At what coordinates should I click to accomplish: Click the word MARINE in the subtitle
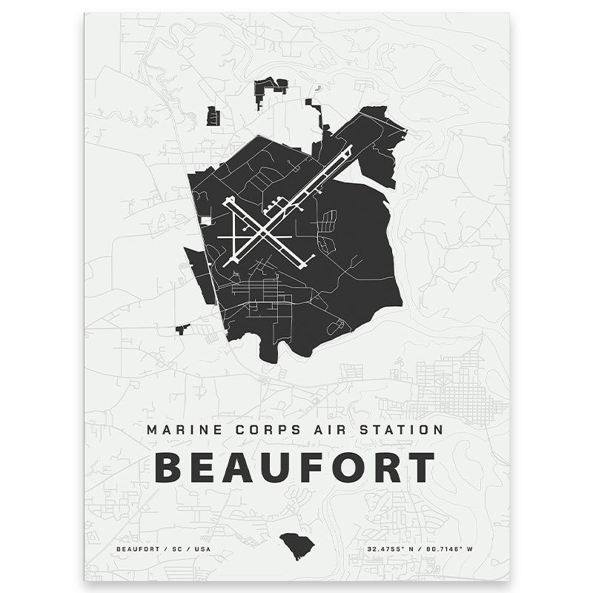point(179,429)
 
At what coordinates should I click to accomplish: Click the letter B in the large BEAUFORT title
point(169,467)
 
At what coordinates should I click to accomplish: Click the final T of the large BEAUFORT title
point(421,467)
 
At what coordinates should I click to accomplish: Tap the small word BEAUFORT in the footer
point(136,549)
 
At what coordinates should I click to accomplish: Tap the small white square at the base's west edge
point(205,220)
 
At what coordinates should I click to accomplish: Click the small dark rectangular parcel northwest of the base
point(213,116)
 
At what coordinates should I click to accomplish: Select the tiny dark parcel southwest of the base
point(182,328)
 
